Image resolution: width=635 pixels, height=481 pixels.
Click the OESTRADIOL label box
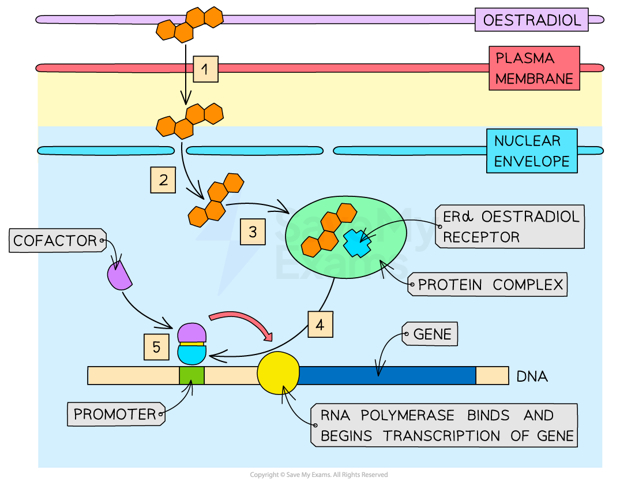(x=531, y=20)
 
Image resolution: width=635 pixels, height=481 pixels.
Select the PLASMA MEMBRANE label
(x=534, y=68)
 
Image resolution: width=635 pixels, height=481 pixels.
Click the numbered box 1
(x=205, y=70)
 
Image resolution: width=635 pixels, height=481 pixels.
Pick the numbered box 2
(x=163, y=180)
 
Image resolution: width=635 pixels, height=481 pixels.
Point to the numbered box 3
(x=253, y=232)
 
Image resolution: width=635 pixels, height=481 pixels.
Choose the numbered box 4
(x=320, y=325)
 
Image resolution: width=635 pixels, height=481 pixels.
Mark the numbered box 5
(x=156, y=347)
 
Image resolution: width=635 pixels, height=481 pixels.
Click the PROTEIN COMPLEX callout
(x=489, y=285)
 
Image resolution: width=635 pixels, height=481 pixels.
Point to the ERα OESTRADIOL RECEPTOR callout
(x=510, y=226)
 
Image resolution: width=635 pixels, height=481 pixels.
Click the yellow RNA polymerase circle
(x=278, y=372)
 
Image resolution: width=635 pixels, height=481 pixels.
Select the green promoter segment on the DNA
(x=191, y=375)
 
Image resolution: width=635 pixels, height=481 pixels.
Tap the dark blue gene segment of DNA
(x=386, y=375)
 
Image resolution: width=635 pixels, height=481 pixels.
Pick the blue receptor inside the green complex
(x=358, y=243)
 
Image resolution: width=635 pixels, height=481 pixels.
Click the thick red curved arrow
(x=241, y=324)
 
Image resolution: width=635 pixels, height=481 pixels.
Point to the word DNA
(x=532, y=377)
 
